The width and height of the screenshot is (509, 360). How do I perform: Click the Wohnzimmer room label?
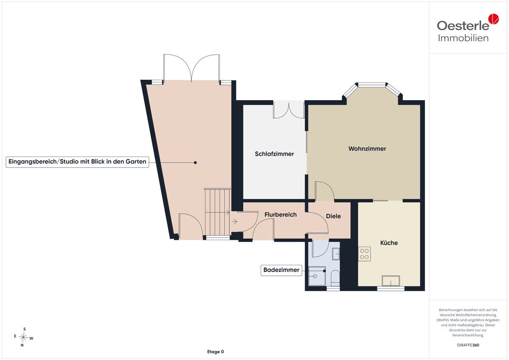pyautogui.click(x=367, y=149)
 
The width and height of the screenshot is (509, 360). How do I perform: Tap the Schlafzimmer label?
pyautogui.click(x=274, y=154)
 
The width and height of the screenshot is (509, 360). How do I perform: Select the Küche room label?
pyautogui.click(x=389, y=243)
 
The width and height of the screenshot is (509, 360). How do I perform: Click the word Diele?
pyautogui.click(x=333, y=216)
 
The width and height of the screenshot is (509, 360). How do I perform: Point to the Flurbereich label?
pyautogui.click(x=280, y=214)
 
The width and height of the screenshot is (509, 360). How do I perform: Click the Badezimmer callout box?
pyautogui.click(x=281, y=270)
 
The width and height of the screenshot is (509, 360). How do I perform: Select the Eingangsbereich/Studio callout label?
pyautogui.click(x=77, y=162)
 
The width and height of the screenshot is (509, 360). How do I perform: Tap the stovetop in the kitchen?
pyautogui.click(x=364, y=254)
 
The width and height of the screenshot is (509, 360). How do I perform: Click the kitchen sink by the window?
pyautogui.click(x=391, y=281)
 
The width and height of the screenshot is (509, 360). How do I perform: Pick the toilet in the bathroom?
pyautogui.click(x=335, y=278)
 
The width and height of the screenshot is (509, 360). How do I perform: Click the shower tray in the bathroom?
pyautogui.click(x=317, y=276)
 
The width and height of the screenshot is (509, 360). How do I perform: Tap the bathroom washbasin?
pyautogui.click(x=336, y=254)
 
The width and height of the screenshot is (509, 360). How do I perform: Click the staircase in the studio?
pyautogui.click(x=218, y=212)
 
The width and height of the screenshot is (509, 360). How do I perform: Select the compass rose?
pyautogui.click(x=23, y=337)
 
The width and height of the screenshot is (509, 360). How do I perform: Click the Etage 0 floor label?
pyautogui.click(x=215, y=352)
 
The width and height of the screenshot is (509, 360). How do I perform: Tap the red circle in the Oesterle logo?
pyautogui.click(x=494, y=19)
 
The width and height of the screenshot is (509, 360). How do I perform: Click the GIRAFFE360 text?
pyautogui.click(x=468, y=345)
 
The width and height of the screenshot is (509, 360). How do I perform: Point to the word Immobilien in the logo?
pyautogui.click(x=463, y=38)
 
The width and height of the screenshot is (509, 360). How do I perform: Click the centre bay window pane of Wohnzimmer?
pyautogui.click(x=372, y=85)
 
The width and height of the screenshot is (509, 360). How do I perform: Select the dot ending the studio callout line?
pyautogui.click(x=195, y=163)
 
